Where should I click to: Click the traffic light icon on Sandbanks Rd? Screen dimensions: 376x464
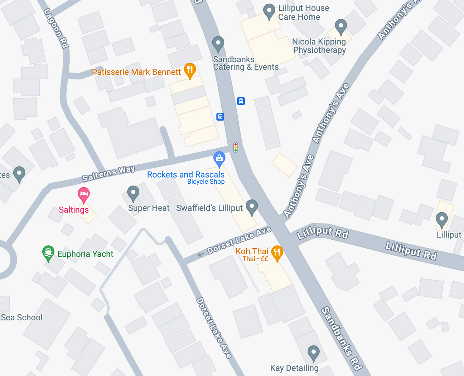coord(236,147)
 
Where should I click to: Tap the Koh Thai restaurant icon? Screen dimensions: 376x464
coord(277,253)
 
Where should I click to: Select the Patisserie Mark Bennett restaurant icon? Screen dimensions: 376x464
coord(190,70)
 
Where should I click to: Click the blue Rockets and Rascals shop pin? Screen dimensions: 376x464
coord(219,158)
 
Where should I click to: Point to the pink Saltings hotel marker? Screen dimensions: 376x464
coord(84,194)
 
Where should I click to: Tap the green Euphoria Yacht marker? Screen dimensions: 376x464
coord(48,253)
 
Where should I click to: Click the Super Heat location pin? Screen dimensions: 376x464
coord(133,193)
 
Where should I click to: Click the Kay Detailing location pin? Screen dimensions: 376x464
coord(314,353)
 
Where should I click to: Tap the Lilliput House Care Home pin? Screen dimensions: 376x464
coord(269,11)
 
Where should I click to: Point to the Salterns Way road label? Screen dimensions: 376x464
coord(108,173)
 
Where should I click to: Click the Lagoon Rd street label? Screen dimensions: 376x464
coord(56,28)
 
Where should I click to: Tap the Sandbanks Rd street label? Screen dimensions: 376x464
coord(342,338)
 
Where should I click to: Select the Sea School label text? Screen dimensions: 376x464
coord(21,318)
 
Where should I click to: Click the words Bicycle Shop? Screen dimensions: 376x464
coord(206,182)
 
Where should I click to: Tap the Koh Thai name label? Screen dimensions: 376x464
coord(252,251)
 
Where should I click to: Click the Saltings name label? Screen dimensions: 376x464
coord(74,210)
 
